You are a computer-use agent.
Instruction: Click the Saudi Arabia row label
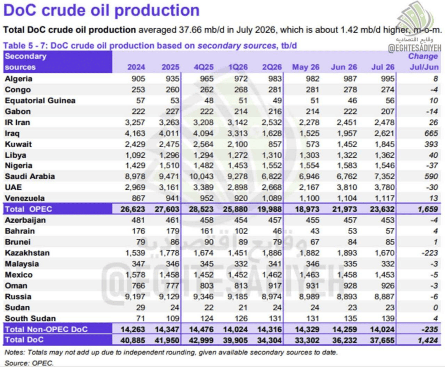[30, 176]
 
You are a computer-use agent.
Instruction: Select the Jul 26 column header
[383, 67]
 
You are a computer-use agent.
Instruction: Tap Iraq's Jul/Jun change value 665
[432, 133]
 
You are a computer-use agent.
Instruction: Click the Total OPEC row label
[28, 209]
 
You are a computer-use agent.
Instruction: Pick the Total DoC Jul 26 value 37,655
[382, 340]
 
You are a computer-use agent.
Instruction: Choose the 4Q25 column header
[203, 67]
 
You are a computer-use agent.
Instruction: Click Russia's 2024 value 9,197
[135, 297]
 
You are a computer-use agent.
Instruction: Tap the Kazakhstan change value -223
[430, 253]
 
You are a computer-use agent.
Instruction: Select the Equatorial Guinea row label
[40, 101]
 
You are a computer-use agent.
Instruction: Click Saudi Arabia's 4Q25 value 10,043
[201, 176]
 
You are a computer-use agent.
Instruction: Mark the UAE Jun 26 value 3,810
[347, 188]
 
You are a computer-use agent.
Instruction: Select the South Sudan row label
[30, 318]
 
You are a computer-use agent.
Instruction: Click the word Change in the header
[423, 56]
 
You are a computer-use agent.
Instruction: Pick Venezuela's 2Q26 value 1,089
[272, 198]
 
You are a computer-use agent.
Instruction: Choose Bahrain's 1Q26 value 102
[241, 231]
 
